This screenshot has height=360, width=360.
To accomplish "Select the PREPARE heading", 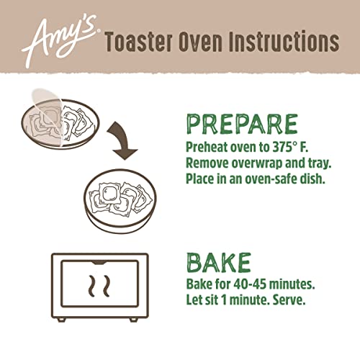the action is (x=242, y=125).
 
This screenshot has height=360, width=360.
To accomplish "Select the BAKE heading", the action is (x=219, y=262).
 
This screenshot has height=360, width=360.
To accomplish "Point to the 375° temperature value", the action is (x=285, y=147).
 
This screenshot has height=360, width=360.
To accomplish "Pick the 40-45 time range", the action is (x=250, y=284).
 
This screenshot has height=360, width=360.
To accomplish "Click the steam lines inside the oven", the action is (x=99, y=286).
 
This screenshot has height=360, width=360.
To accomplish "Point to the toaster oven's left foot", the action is (x=62, y=320).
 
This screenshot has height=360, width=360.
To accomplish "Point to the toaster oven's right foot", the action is (x=133, y=320).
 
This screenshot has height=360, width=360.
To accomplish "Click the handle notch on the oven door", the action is (x=99, y=262).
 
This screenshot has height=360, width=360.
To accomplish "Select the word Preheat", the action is (x=207, y=147).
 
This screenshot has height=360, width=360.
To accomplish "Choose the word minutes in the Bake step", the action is (x=292, y=284).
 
